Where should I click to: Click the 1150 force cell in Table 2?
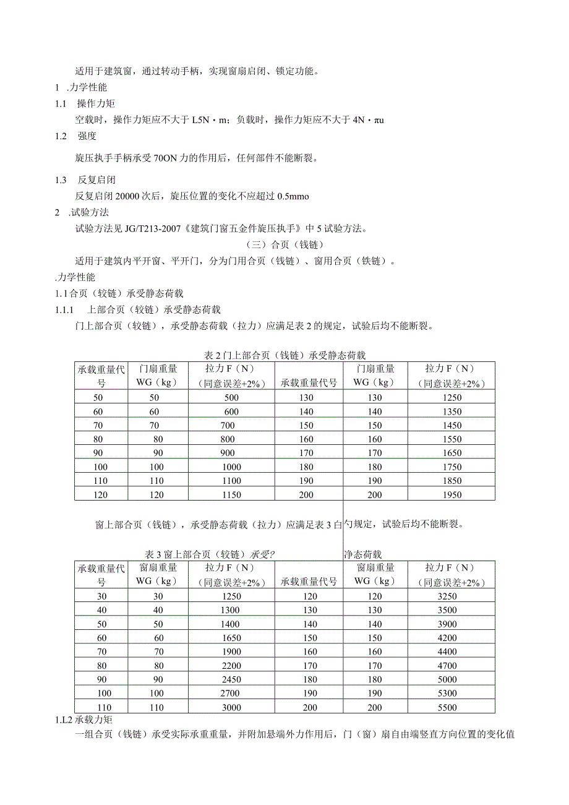point(231,494)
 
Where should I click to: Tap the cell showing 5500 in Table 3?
point(447,708)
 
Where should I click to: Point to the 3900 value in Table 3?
point(447,624)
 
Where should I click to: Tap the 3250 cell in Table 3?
point(447,596)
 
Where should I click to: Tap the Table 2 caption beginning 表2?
point(284,355)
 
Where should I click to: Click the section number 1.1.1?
point(64,309)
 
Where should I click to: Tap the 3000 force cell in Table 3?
point(231,708)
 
